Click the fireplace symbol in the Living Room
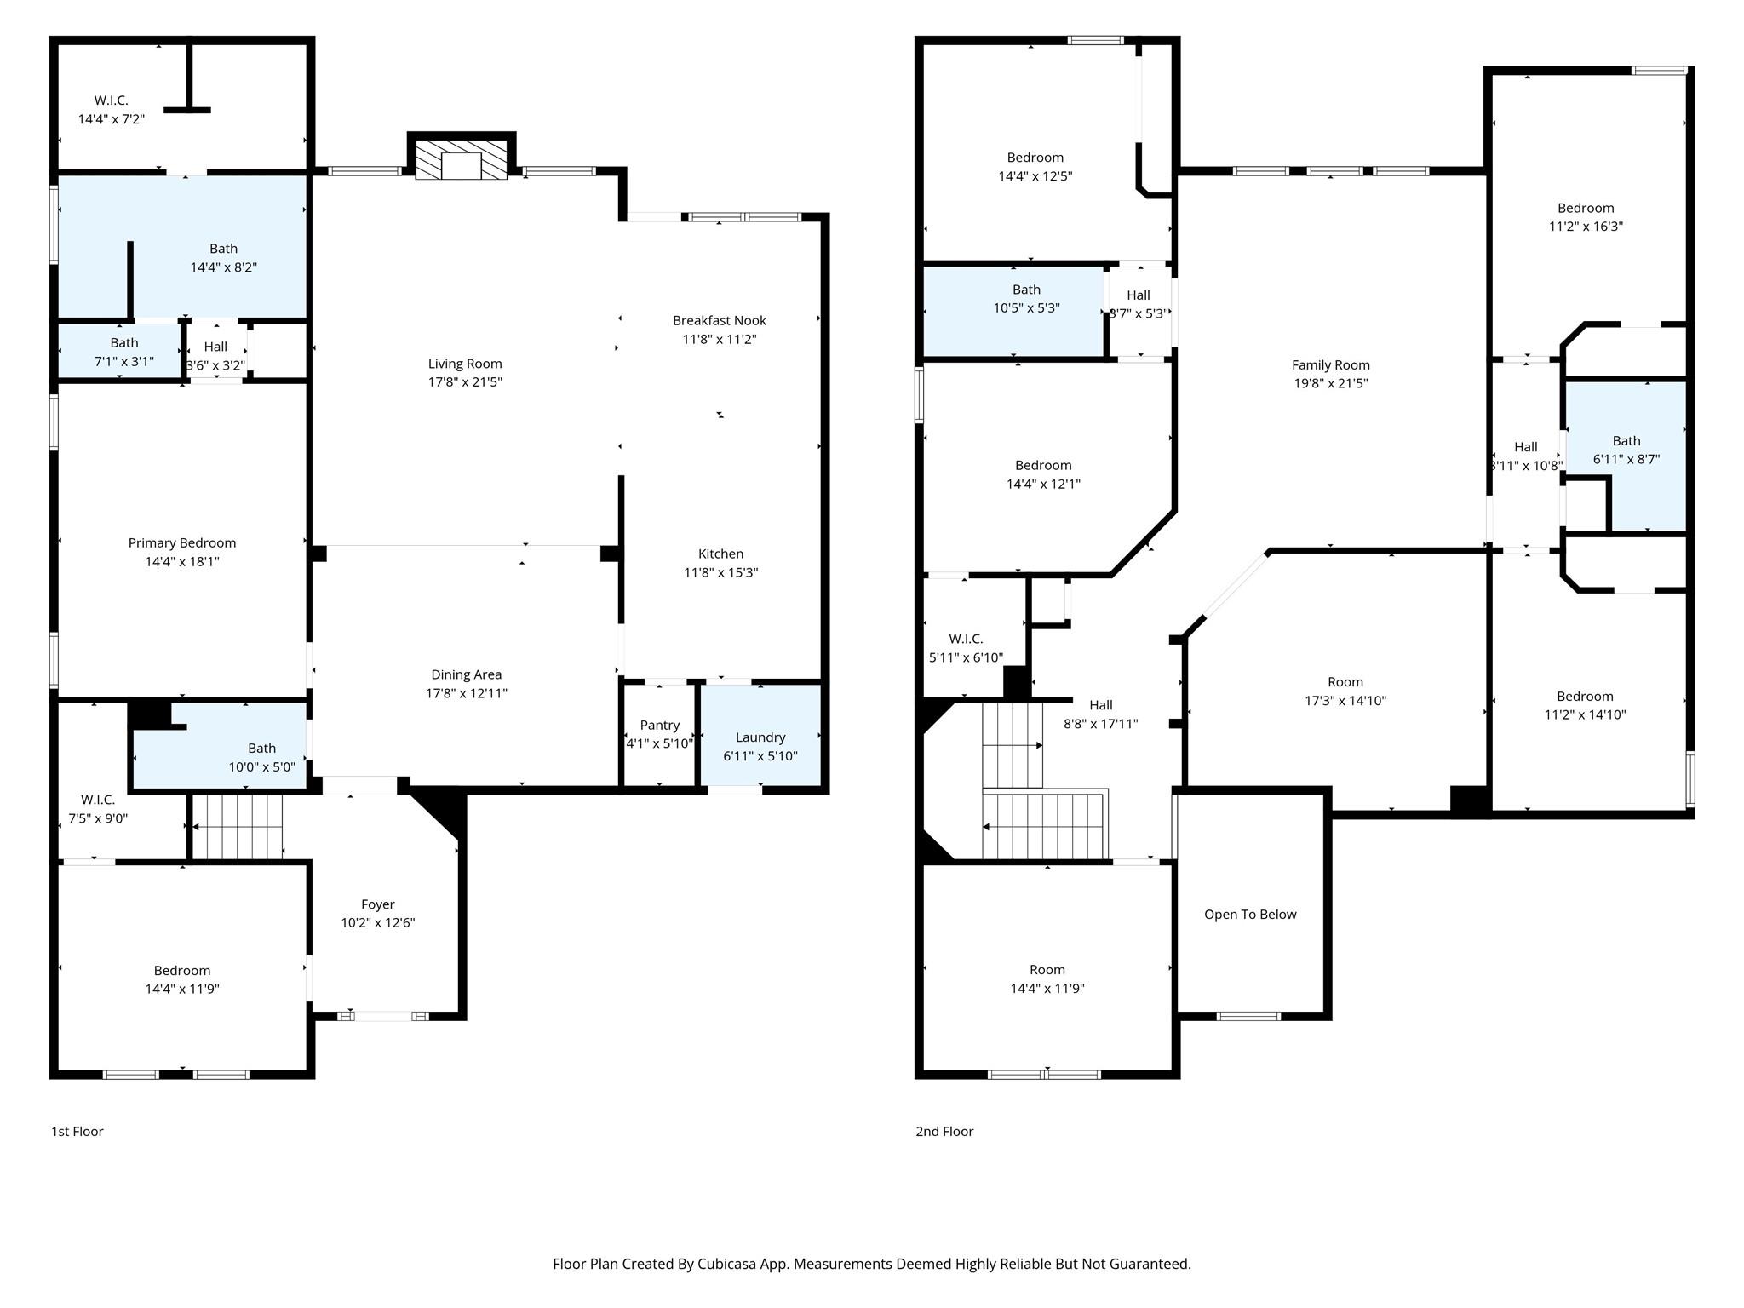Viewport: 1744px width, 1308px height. coord(462,159)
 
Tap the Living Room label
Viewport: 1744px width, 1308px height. coord(465,364)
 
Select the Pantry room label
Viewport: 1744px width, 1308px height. coord(659,725)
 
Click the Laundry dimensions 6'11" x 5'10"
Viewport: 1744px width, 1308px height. coord(760,756)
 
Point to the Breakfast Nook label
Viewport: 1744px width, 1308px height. coord(719,320)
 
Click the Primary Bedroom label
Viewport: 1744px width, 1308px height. coord(181,542)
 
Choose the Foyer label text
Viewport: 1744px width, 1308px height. coord(377,904)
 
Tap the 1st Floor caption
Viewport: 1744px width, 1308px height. coord(77,1131)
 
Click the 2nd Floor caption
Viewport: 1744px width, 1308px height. coord(944,1131)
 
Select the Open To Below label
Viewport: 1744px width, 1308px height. coord(1249,915)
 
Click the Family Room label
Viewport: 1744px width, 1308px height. coord(1330,364)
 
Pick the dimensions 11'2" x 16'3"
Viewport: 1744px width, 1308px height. coord(1585,227)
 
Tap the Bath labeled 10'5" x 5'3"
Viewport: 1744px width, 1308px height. coord(1026,290)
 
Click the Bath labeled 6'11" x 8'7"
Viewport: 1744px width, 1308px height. coord(1626,440)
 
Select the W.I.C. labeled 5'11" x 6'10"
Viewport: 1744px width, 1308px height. coord(966,639)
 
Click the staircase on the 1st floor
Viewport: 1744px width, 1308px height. coord(237,827)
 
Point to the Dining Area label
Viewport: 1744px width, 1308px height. coord(466,674)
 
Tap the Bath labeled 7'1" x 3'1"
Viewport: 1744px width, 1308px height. coord(123,342)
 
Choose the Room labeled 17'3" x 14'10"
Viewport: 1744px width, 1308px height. coord(1345,682)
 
